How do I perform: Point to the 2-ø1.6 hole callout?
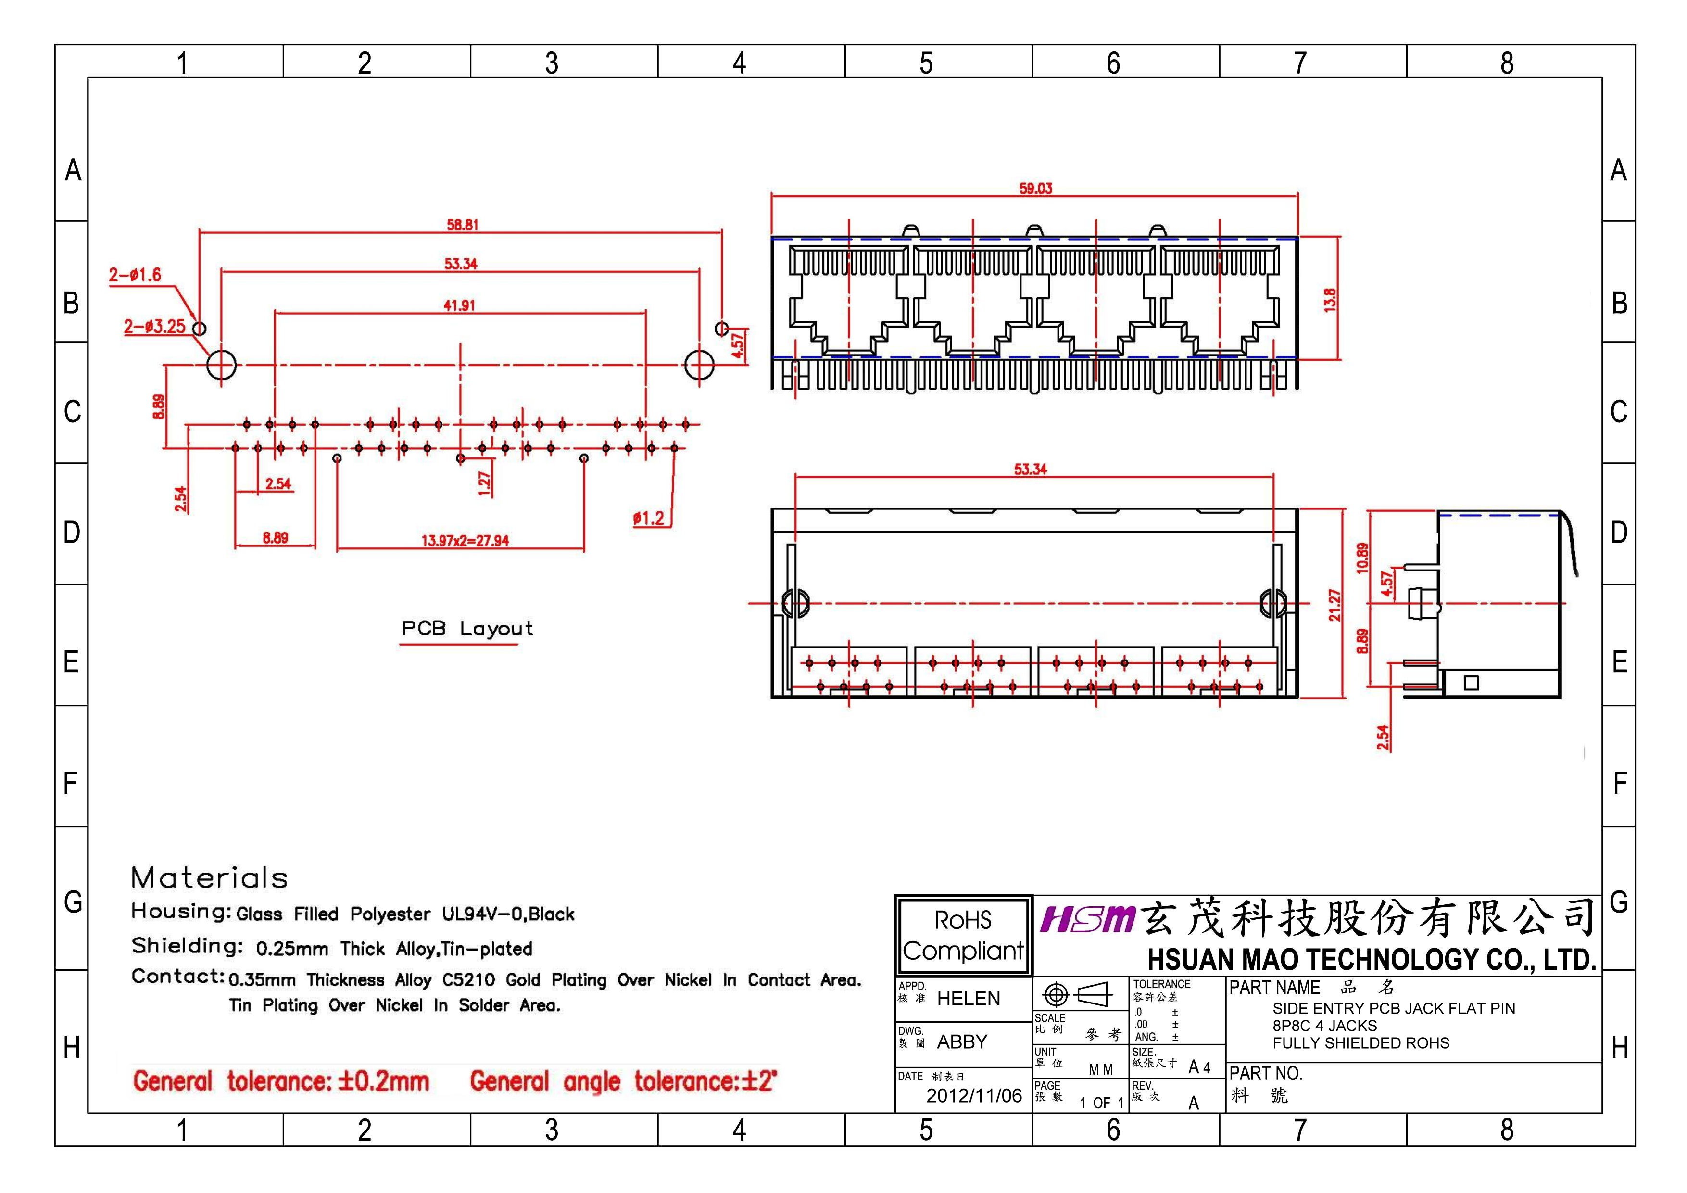(x=135, y=275)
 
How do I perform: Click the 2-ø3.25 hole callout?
(x=154, y=326)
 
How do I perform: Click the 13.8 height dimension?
(x=1330, y=300)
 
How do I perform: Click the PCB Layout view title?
(x=466, y=628)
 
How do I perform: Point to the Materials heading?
(x=209, y=877)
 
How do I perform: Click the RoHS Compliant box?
(x=963, y=935)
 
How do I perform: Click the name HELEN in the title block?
(x=969, y=998)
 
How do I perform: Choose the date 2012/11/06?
(x=973, y=1096)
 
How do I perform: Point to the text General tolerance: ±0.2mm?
(x=281, y=1081)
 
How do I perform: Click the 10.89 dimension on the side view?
(x=1363, y=558)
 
